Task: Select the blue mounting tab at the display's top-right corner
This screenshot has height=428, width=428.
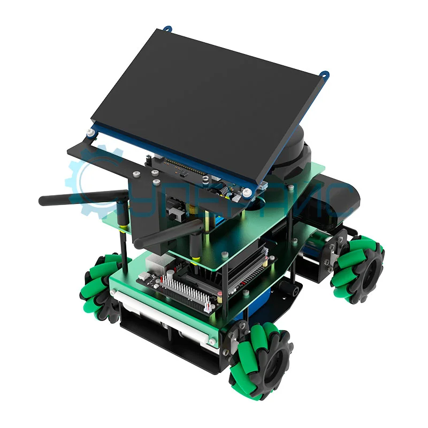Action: point(325,74)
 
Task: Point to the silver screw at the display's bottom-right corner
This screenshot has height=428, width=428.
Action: point(247,192)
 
